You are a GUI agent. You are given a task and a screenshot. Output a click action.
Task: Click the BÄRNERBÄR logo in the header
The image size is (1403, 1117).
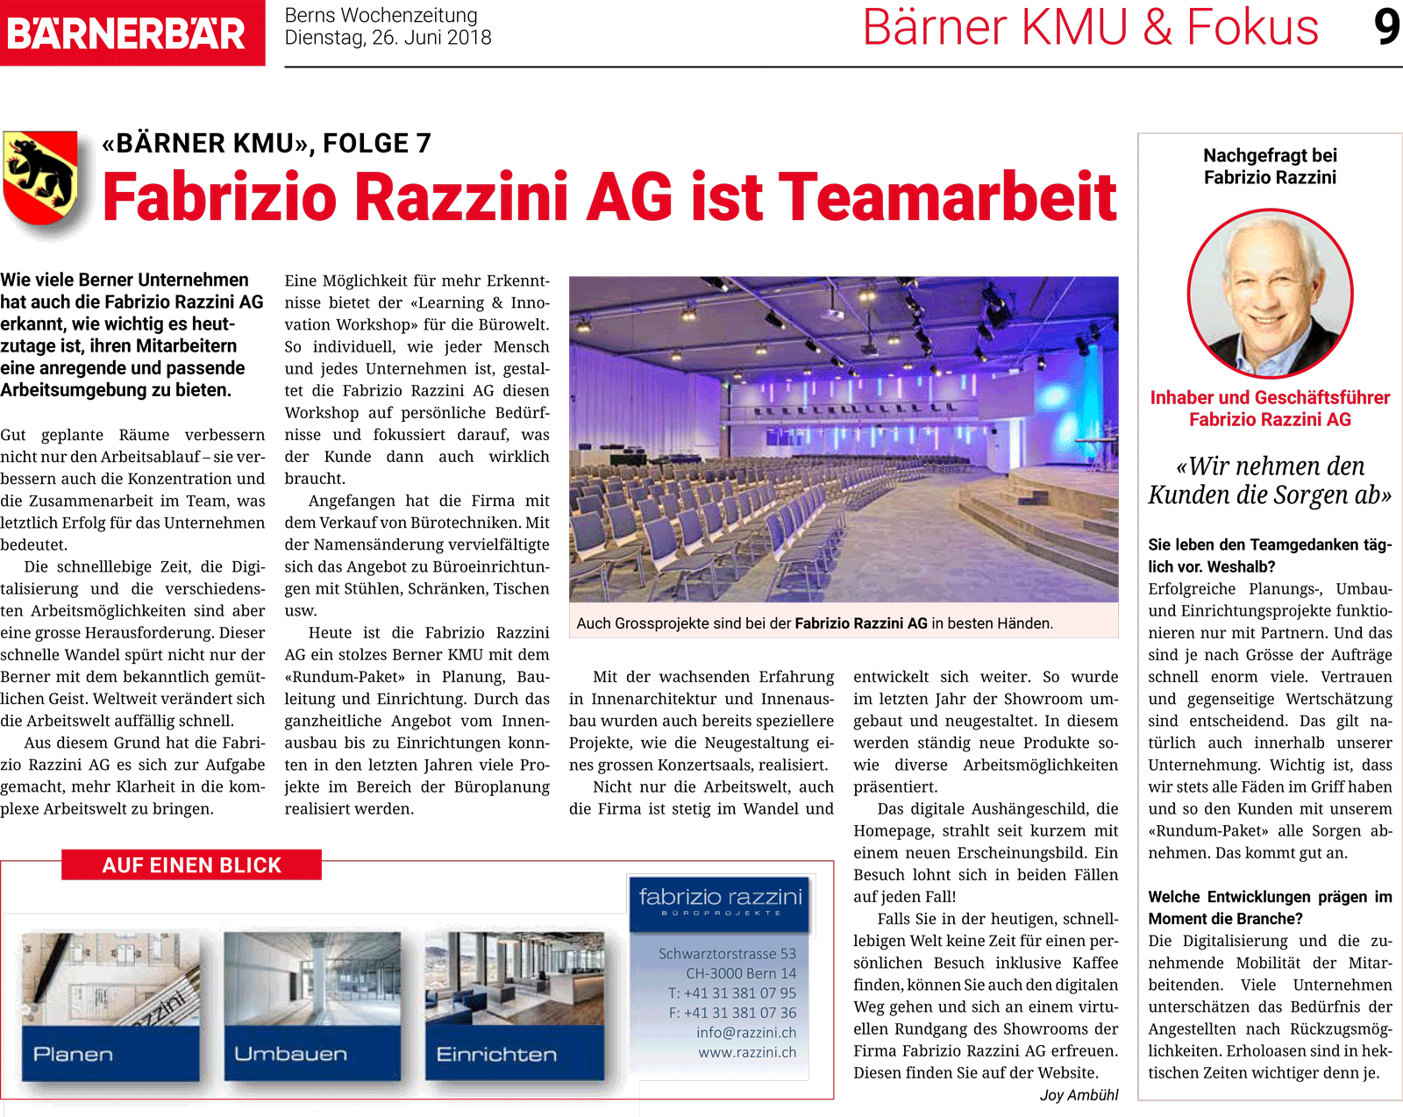127,33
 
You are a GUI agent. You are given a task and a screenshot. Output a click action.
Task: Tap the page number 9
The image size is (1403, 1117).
1386,27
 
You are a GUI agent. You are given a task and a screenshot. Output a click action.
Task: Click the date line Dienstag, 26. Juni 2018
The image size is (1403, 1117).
388,38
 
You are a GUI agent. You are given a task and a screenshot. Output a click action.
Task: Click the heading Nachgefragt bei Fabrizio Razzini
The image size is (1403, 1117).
1270,167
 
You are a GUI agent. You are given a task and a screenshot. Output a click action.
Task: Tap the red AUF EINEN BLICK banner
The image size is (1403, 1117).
191,865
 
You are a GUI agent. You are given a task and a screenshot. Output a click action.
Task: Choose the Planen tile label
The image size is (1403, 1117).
74,1054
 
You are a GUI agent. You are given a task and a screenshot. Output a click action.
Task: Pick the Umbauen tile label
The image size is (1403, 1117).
291,1054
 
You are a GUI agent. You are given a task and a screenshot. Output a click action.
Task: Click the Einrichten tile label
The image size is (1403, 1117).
496,1054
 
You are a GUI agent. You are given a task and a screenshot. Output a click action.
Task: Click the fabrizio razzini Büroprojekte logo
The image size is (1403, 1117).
720,902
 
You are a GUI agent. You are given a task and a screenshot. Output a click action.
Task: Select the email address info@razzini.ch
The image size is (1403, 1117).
746,1033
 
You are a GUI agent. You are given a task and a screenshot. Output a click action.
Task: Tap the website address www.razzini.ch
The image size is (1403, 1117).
747,1052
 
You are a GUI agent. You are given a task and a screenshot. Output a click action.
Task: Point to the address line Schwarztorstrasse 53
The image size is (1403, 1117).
727,954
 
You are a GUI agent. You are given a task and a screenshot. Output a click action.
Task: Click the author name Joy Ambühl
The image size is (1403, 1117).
1079,1095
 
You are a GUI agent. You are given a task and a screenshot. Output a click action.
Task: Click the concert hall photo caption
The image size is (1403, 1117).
815,623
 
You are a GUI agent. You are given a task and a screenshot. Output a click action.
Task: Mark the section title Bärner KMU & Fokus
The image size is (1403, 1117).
1090,28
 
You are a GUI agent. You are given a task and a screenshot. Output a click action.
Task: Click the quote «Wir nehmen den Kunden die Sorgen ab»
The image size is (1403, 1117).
1270,480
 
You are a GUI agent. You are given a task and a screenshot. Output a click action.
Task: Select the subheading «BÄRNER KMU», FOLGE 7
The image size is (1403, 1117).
267,143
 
